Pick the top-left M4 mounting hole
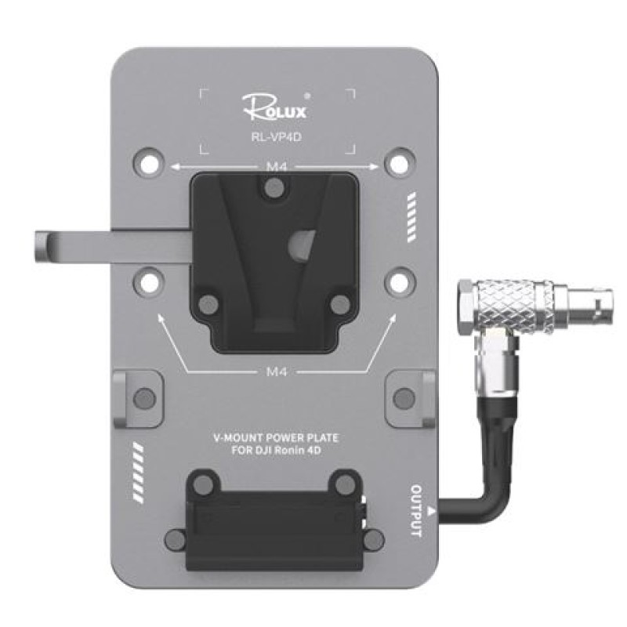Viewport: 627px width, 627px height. tap(149, 163)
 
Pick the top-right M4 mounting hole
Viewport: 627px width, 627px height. tap(400, 163)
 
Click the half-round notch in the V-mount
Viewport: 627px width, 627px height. tap(303, 244)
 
